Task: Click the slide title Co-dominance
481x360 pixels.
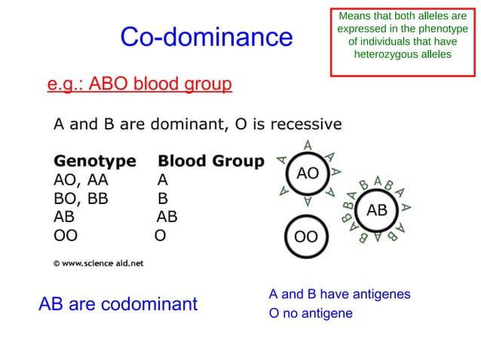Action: coord(206,37)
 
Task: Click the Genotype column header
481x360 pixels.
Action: coord(95,161)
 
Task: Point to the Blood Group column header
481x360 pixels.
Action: coord(210,161)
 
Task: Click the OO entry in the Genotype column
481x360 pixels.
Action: coord(66,236)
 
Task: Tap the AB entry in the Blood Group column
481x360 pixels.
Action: coord(167,218)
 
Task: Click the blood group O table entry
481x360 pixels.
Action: coord(160,236)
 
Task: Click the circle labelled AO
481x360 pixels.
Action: coord(308,173)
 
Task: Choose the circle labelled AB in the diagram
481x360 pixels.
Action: coord(376,211)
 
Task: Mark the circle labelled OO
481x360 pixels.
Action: coord(305,237)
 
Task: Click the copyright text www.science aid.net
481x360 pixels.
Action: coord(98,264)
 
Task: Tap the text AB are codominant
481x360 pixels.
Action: coord(118,304)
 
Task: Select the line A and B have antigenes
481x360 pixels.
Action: coord(339,294)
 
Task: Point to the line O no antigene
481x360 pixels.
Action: coord(311,313)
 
